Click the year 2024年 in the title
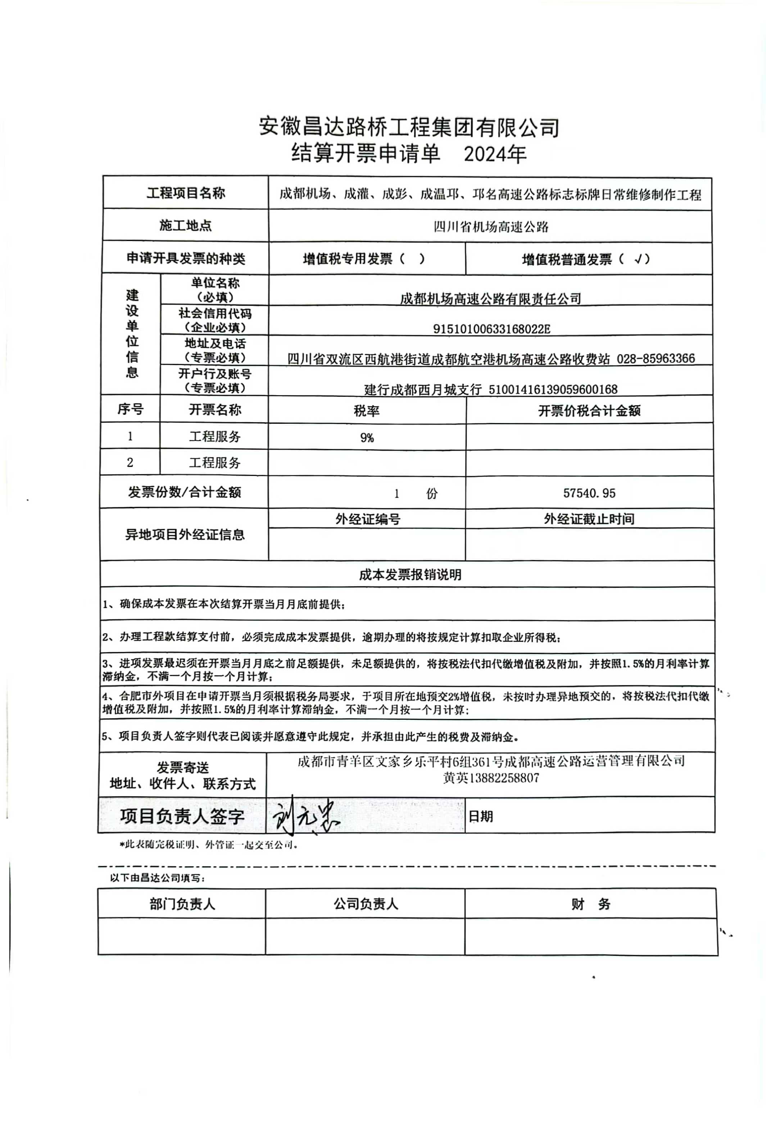(494, 154)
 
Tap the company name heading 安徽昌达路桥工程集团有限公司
(409, 127)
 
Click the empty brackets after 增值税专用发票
(412, 259)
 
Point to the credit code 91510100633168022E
(491, 329)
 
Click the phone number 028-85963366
(656, 359)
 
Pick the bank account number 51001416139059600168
(553, 389)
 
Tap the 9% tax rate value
(367, 438)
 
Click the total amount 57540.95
(589, 493)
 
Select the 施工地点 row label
(186, 226)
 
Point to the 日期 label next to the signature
(481, 816)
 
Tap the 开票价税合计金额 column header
(589, 411)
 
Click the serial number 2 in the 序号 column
(130, 463)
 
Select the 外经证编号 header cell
(367, 519)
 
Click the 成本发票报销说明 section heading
(410, 574)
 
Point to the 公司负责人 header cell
(366, 904)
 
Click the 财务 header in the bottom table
(591, 904)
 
